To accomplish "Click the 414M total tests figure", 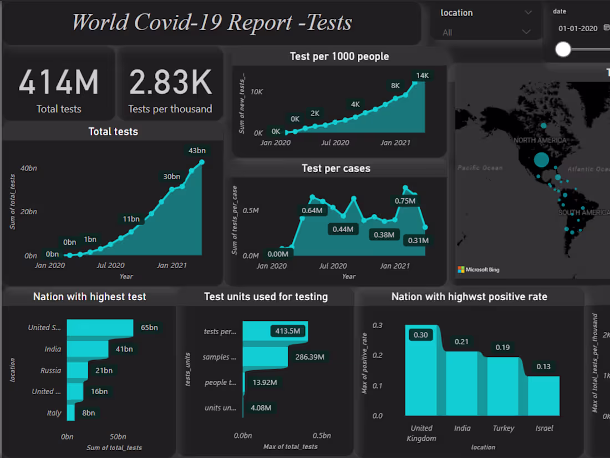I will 59,82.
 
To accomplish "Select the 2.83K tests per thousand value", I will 170,82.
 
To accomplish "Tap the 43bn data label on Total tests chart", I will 197,150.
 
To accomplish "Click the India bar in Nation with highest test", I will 88,349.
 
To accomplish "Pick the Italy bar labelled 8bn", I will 71,412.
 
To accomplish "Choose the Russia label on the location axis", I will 51,370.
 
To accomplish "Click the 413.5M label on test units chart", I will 288,331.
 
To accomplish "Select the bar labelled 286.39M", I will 265,357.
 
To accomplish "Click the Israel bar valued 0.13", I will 543,396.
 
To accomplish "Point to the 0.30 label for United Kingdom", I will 421,335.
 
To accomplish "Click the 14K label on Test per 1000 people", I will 423,76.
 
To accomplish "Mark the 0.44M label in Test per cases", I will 343,229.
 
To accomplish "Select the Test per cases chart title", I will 336,168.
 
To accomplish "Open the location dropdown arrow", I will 527,13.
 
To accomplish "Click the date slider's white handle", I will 563,49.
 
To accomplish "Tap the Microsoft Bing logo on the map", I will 478,270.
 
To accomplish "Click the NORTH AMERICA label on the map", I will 540,140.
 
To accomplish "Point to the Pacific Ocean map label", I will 480,168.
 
